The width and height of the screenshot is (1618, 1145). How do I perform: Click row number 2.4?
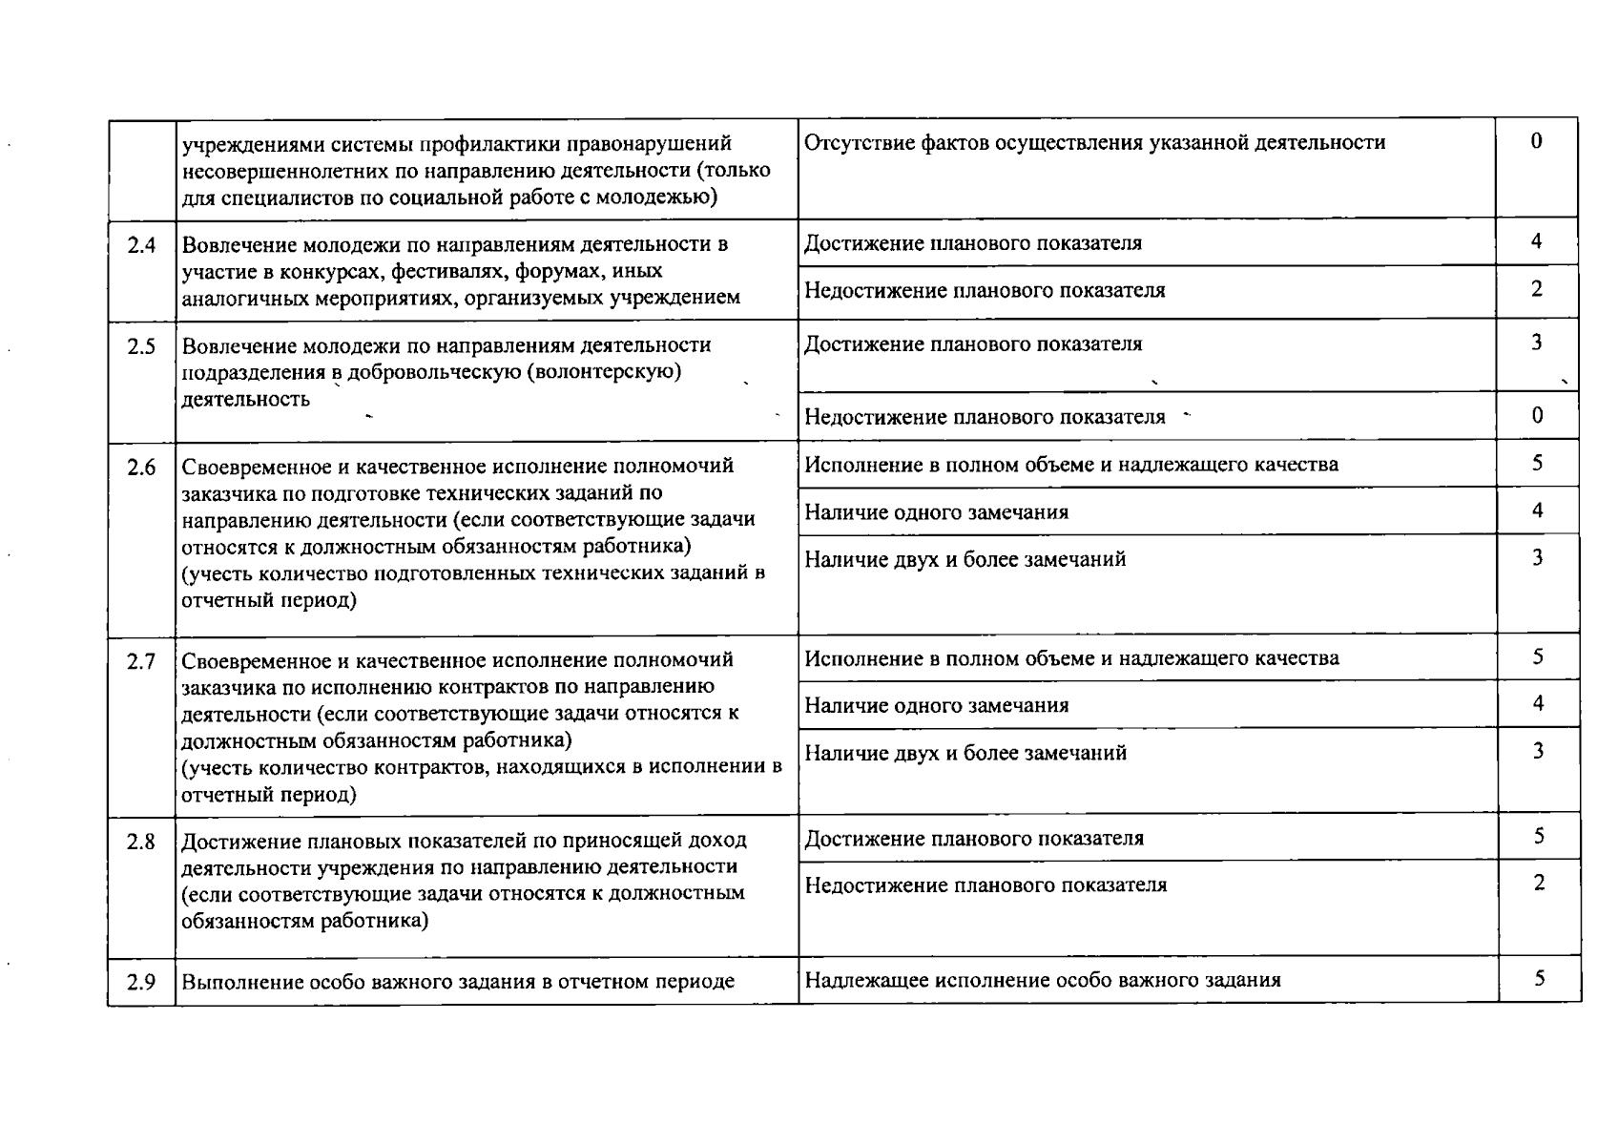(x=141, y=245)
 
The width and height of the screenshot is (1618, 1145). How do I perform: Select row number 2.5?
(x=141, y=346)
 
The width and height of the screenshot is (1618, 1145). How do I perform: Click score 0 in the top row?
(x=1536, y=142)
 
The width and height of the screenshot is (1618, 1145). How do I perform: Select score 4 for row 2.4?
(x=1536, y=242)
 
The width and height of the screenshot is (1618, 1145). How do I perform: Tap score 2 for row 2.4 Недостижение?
(x=1536, y=289)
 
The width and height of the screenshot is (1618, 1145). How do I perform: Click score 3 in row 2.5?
(x=1536, y=343)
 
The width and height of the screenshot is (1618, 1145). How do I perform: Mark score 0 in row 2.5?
(x=1537, y=416)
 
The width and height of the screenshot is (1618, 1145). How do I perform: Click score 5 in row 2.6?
(x=1537, y=464)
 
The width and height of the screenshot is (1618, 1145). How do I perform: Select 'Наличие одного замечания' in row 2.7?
(x=936, y=706)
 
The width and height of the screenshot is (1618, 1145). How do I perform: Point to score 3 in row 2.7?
(x=1538, y=752)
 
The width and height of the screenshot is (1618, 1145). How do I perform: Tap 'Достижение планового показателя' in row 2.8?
(x=973, y=839)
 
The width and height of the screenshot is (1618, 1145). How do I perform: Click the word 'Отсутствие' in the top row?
(x=851, y=143)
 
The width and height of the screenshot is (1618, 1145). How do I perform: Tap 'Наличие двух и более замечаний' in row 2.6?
(x=965, y=560)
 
